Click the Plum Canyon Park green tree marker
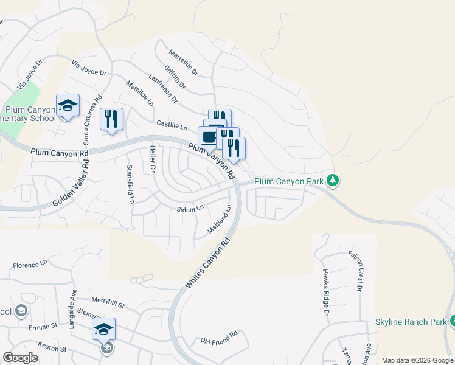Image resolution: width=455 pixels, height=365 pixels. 332,180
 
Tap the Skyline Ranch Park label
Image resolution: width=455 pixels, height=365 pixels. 411,321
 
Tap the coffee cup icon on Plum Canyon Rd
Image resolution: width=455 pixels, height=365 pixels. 209,137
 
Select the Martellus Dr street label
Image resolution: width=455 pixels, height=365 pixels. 184,63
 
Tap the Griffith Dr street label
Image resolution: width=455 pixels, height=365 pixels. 174,79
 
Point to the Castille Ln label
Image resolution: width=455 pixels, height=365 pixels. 172,125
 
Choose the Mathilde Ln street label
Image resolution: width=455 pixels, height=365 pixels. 139,93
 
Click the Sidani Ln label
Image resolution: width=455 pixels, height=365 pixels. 190,207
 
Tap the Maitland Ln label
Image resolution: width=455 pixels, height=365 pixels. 220,219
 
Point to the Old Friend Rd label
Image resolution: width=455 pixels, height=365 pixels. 219,337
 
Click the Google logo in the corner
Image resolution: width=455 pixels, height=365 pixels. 21,358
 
